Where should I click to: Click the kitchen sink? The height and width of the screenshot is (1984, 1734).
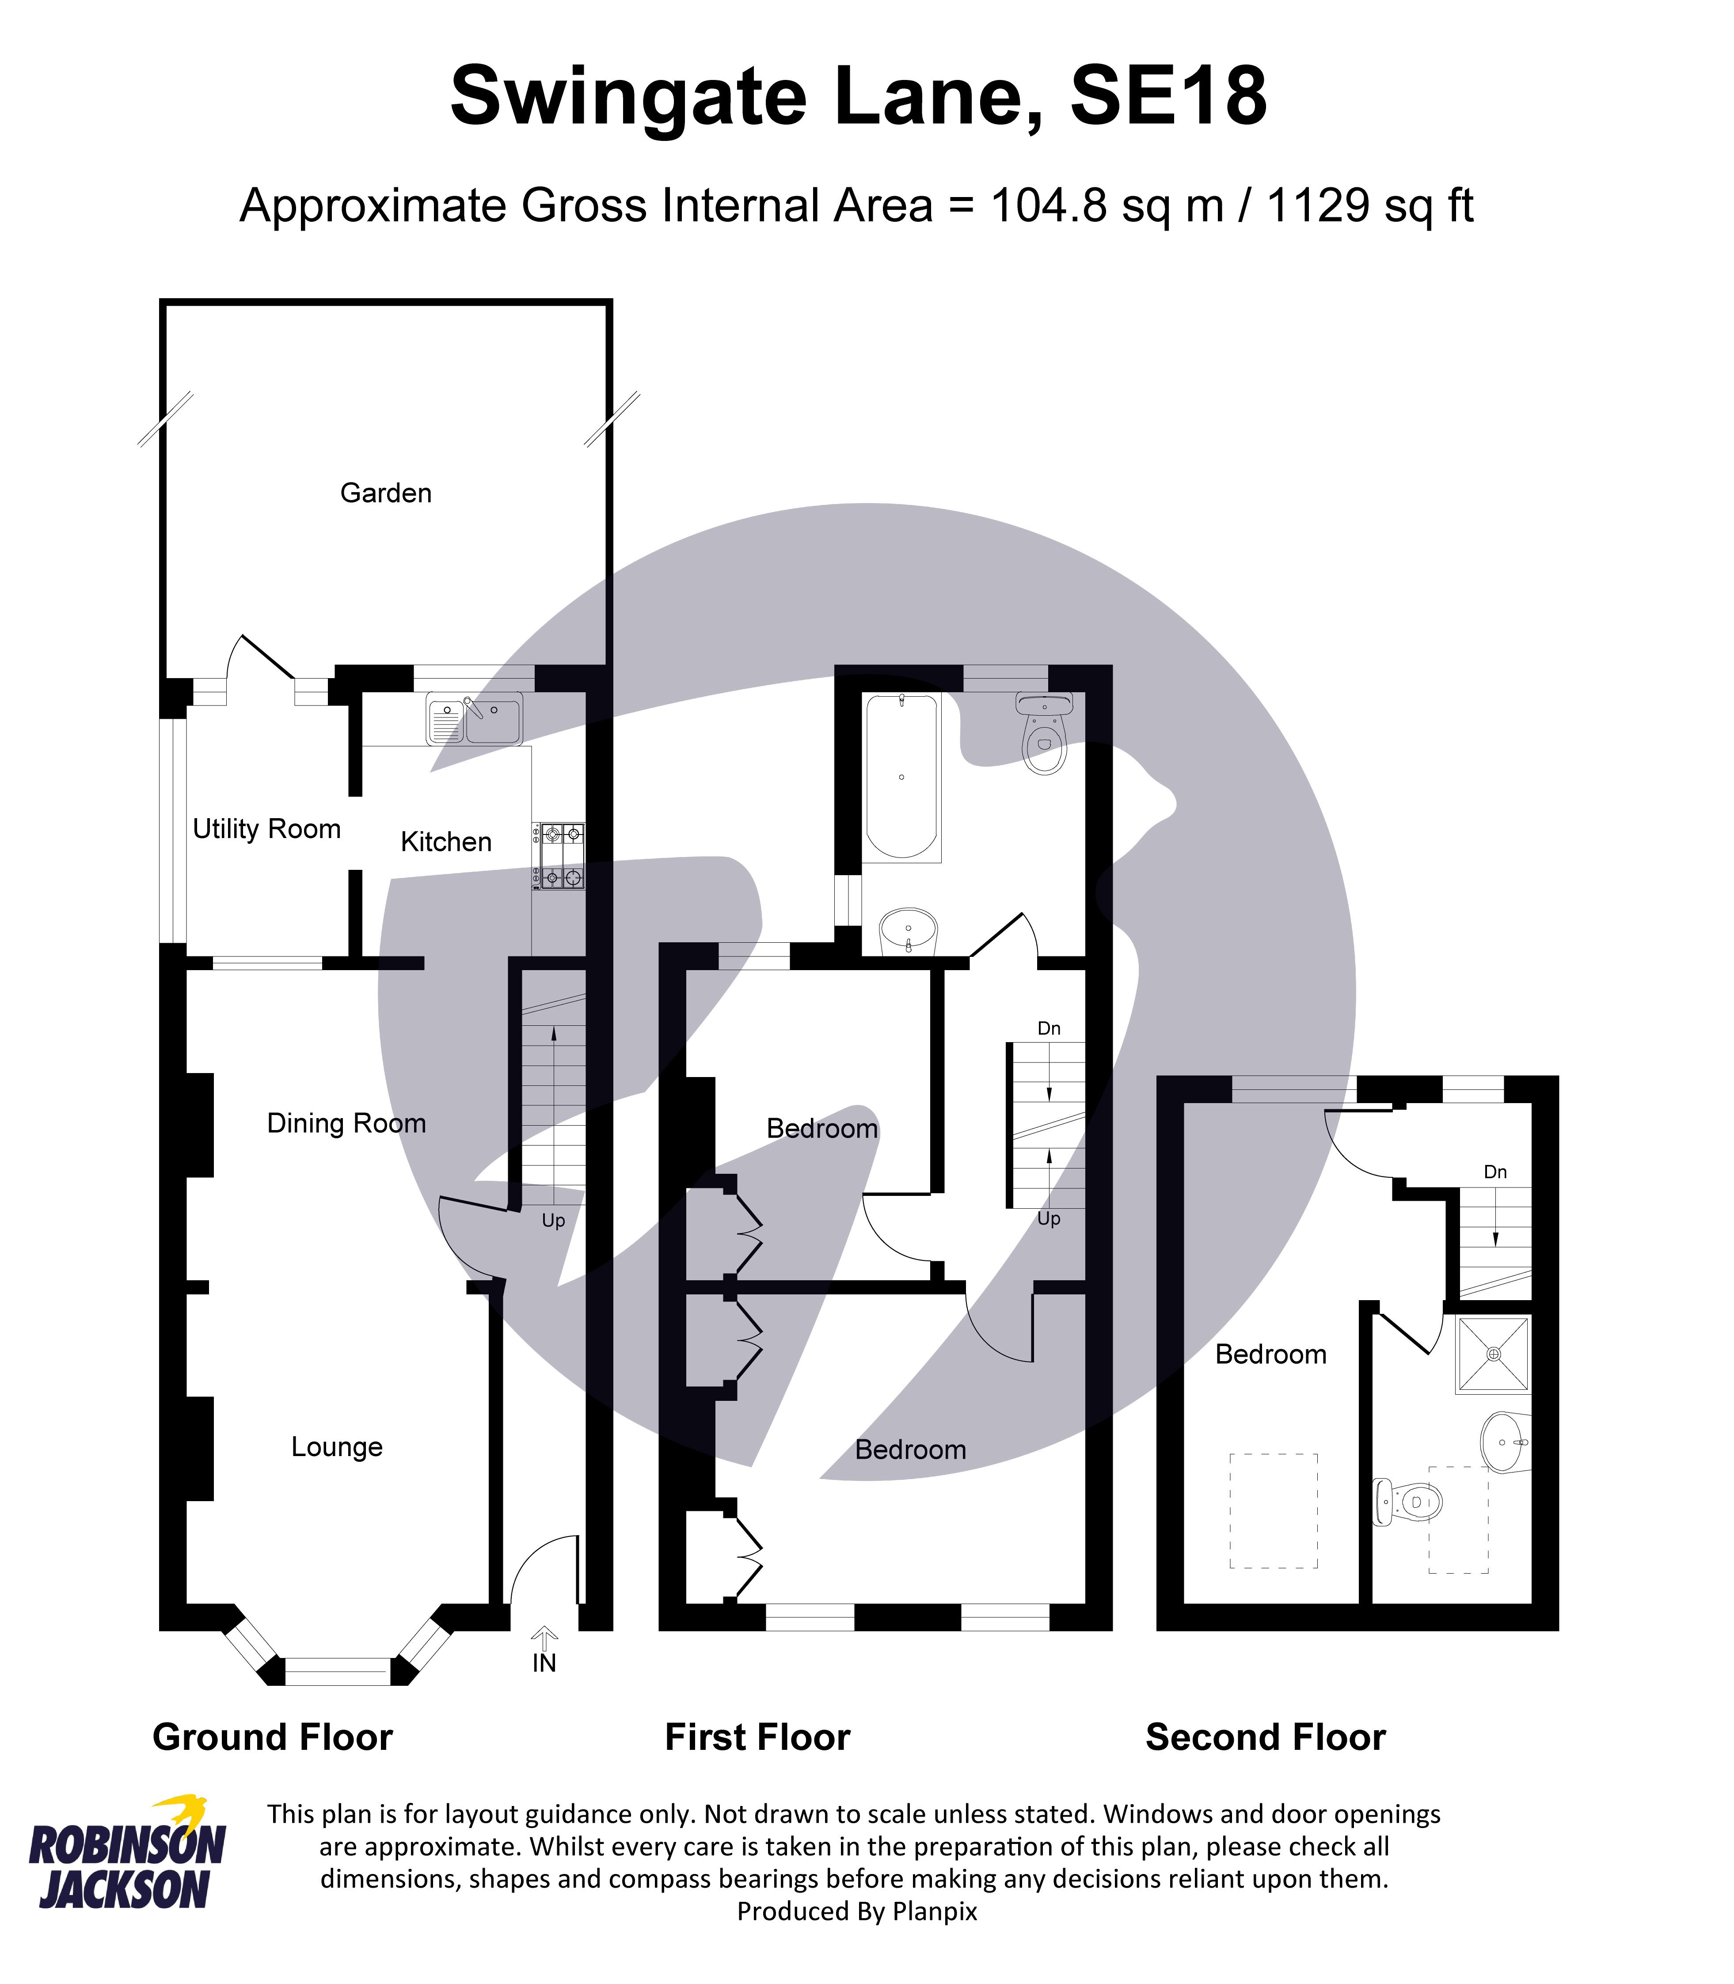[x=474, y=719]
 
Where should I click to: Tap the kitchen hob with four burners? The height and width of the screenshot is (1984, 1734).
[x=558, y=855]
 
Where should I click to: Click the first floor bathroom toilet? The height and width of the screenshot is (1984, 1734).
[x=1044, y=732]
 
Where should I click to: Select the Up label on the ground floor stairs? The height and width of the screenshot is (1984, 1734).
[x=554, y=1221]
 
